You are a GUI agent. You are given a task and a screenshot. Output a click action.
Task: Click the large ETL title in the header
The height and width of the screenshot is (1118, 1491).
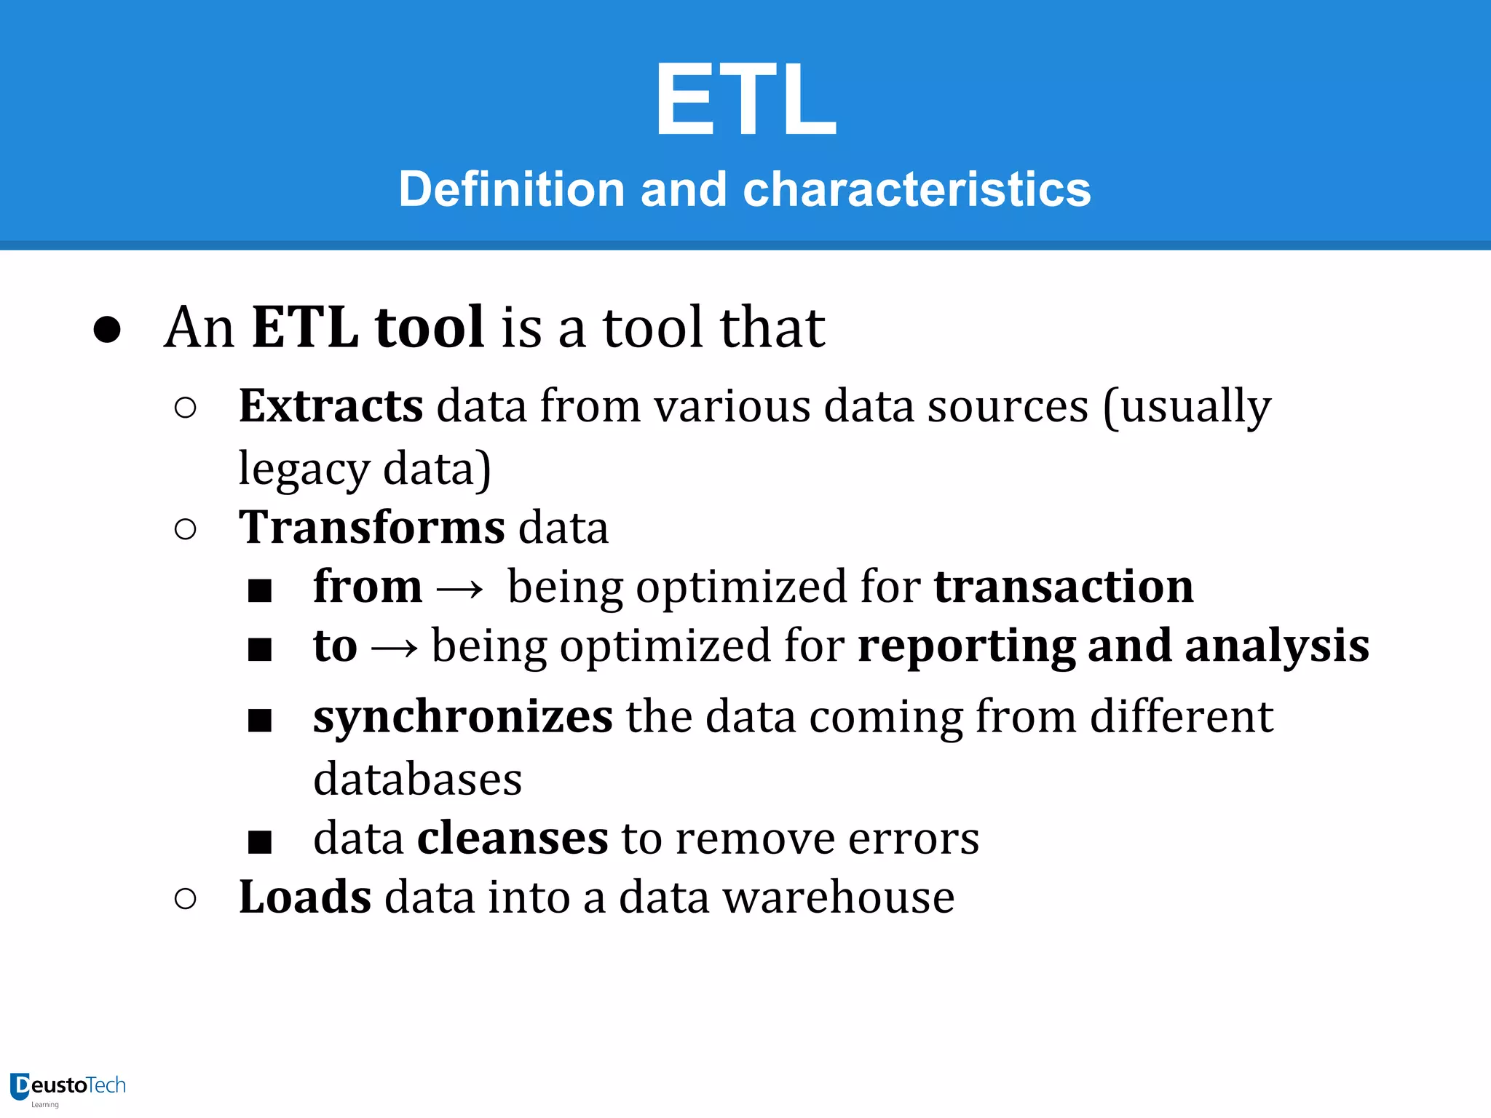pyautogui.click(x=745, y=98)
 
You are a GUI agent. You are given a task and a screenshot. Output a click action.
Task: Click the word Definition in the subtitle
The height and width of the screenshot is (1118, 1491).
pyautogui.click(x=512, y=189)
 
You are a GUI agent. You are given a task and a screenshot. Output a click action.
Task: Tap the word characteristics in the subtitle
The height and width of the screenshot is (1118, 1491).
pyautogui.click(x=917, y=189)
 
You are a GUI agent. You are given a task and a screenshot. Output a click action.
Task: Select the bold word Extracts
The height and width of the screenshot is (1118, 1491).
pyautogui.click(x=331, y=405)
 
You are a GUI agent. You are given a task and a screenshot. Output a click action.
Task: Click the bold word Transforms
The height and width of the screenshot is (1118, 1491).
pyautogui.click(x=372, y=527)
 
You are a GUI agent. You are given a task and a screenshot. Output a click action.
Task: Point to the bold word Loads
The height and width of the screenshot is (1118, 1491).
pyautogui.click(x=305, y=897)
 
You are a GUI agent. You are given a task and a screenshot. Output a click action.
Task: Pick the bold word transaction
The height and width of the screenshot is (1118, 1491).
pyautogui.click(x=1064, y=587)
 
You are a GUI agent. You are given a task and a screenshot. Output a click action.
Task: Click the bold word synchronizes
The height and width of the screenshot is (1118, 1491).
pyautogui.click(x=463, y=717)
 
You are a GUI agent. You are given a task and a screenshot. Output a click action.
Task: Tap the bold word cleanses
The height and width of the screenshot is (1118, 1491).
pyautogui.click(x=513, y=838)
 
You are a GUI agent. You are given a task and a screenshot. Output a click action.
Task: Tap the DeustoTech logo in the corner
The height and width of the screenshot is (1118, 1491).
pyautogui.click(x=68, y=1087)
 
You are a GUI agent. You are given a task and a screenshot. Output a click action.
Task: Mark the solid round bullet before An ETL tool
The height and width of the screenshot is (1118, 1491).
pyautogui.click(x=107, y=329)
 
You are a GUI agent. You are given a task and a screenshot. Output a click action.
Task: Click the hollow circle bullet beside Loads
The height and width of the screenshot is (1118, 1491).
pyautogui.click(x=186, y=899)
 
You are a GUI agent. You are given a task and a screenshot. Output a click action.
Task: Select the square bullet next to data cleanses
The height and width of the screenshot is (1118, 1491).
pyautogui.click(x=260, y=842)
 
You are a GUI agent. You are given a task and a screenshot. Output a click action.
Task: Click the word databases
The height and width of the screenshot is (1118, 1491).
pyautogui.click(x=418, y=779)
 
